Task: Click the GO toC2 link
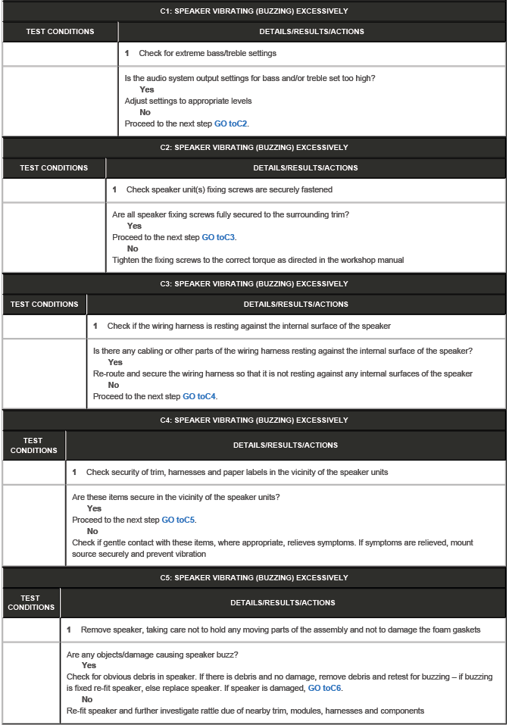[231, 123]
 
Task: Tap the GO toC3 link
[219, 237]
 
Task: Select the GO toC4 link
[200, 396]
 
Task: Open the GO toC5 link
[179, 520]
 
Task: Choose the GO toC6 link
[324, 688]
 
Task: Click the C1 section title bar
[254, 11]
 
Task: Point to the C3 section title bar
[254, 284]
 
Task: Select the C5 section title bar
[254, 578]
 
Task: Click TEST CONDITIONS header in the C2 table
[54, 167]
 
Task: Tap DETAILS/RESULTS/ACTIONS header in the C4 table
[286, 445]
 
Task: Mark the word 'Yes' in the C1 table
[146, 89]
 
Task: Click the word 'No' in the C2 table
[133, 248]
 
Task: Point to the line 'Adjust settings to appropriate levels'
[188, 101]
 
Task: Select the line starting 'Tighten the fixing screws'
[258, 260]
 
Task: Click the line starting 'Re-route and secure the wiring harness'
[283, 373]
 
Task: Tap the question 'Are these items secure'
[176, 497]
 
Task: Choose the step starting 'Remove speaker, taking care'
[280, 630]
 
